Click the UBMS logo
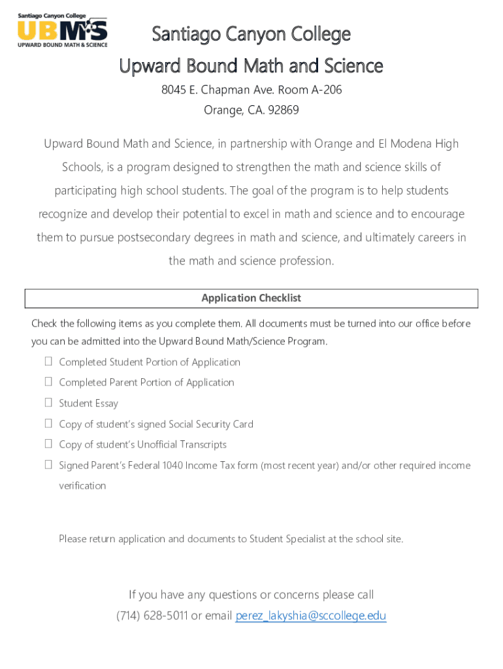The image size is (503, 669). point(62,30)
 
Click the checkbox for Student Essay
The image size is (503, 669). point(48,402)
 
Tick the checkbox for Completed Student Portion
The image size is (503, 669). point(48,361)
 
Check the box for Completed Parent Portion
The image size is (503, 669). point(48,382)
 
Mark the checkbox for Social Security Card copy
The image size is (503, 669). point(48,423)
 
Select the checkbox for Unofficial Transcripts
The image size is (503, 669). point(48,444)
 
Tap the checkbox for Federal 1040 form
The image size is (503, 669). point(48,465)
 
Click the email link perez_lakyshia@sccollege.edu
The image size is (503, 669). point(310,615)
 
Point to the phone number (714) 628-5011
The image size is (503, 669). point(152,615)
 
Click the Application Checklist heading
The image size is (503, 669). point(251,298)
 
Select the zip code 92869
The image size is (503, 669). point(281,110)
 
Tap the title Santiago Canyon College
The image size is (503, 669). point(251,34)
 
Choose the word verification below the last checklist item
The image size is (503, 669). point(82,485)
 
